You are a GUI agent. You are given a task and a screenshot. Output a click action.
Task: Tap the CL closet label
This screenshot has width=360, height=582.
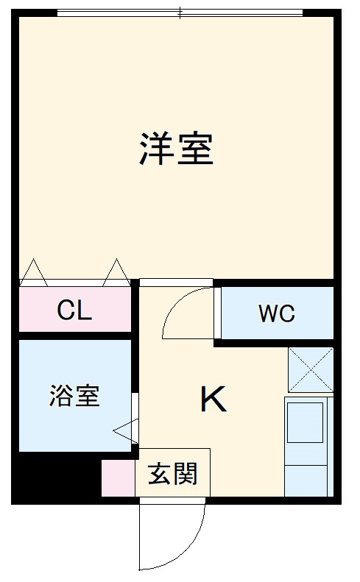[74, 310]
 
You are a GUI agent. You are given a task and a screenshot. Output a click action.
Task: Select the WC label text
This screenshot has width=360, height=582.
[276, 313]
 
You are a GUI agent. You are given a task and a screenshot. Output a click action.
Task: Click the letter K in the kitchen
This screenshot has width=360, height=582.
[213, 400]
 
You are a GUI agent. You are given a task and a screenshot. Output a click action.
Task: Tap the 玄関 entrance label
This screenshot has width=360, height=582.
[173, 474]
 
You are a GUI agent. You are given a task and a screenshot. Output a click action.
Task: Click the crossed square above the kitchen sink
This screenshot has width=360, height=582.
[310, 369]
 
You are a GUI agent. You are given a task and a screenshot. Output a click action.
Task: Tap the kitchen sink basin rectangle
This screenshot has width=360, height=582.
[305, 421]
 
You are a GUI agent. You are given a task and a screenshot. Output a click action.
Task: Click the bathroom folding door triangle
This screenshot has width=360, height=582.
[126, 430]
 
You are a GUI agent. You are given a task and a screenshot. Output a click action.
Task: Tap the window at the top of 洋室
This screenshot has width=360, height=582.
[180, 13]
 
